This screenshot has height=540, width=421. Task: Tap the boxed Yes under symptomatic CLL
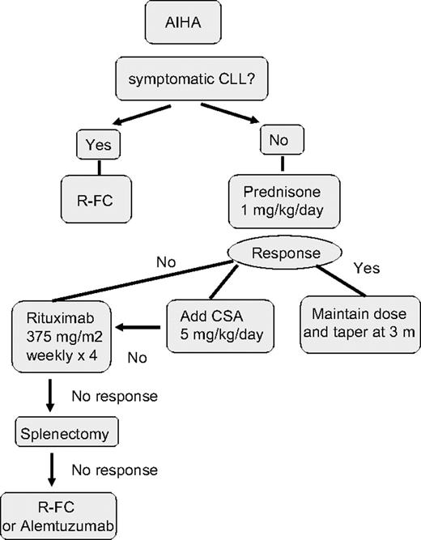tap(99, 146)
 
